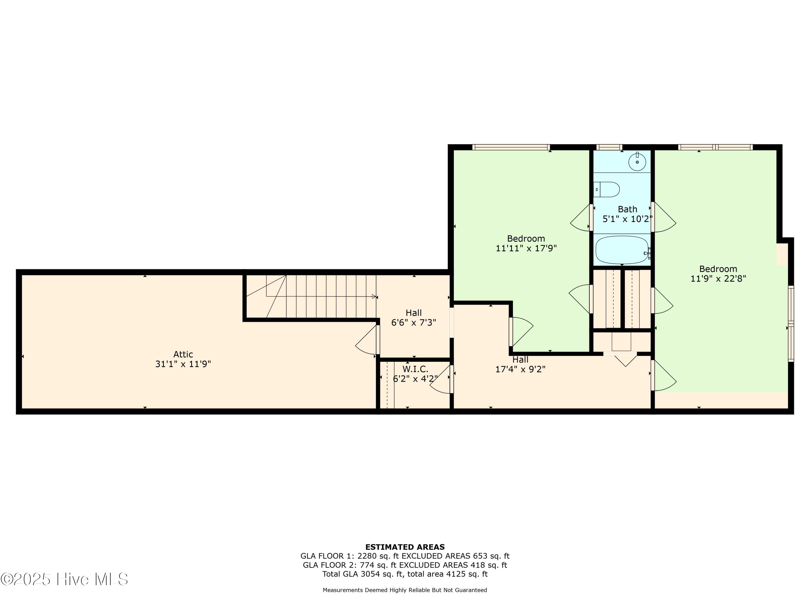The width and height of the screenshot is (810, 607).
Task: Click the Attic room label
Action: [x=183, y=354]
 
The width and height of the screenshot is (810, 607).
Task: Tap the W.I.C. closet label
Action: [x=415, y=369]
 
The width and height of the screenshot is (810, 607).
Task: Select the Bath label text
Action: [x=627, y=209]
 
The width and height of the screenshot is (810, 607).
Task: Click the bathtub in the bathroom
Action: [x=622, y=250]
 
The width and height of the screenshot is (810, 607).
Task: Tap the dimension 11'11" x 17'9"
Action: [x=526, y=248]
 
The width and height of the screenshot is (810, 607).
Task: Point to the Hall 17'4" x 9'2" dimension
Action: [x=520, y=369]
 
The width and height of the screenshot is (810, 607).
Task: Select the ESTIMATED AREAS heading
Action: [x=405, y=547]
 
